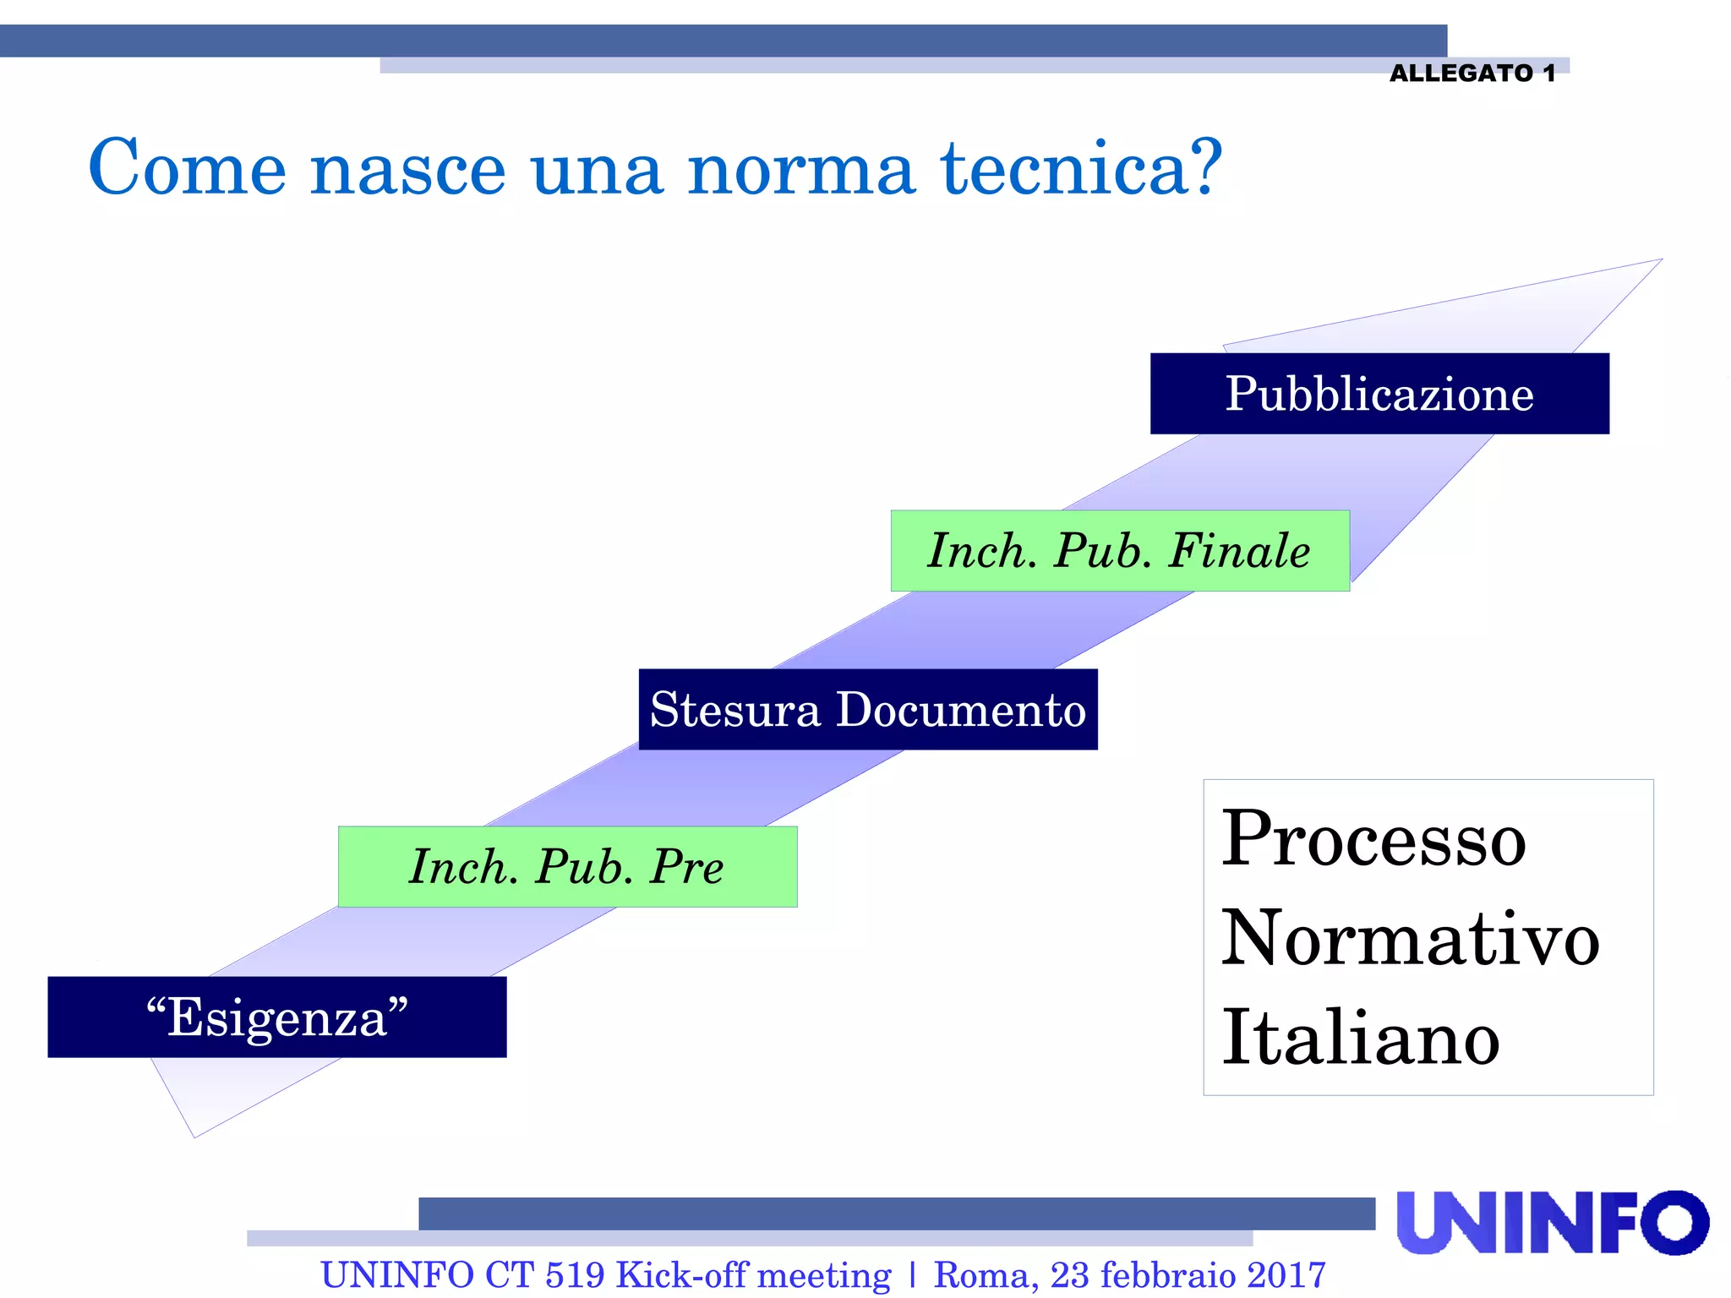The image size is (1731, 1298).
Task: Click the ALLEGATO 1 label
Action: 1472,74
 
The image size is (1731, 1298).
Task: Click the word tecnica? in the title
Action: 1082,169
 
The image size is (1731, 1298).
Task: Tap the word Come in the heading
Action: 188,169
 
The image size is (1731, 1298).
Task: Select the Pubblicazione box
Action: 1379,394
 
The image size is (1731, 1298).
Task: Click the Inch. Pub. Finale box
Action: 1120,551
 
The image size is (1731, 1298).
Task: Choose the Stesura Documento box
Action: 868,710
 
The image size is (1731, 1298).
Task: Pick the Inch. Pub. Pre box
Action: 567,867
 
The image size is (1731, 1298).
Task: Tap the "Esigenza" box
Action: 277,1017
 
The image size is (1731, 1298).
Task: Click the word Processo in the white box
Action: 1374,840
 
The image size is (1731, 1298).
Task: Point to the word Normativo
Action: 1410,940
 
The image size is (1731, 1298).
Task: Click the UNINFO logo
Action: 1552,1223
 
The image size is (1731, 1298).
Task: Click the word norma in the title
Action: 801,169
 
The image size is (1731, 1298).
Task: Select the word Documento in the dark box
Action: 961,710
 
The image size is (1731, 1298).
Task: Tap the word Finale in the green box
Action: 1239,551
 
